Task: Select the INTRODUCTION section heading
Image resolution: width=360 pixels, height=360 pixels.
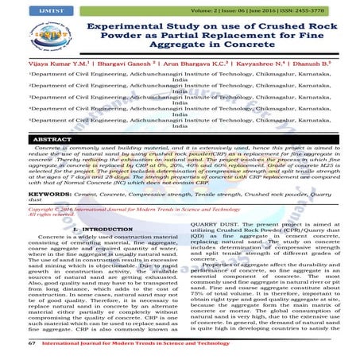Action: [x=95, y=229]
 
